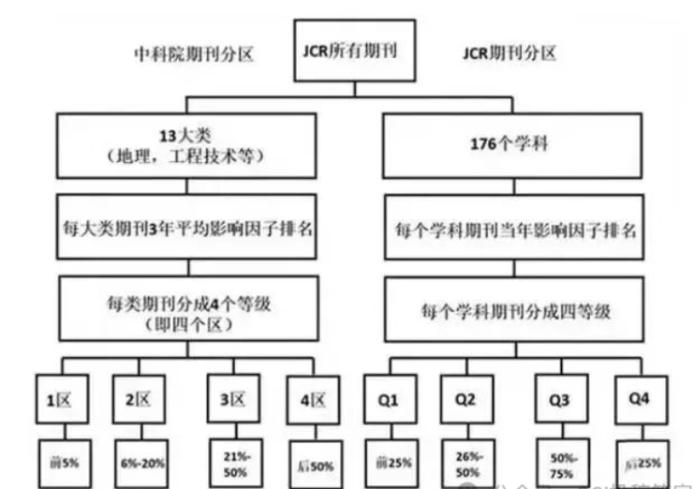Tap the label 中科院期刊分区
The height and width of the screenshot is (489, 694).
click(193, 53)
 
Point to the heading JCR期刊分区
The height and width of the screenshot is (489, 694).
click(509, 53)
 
